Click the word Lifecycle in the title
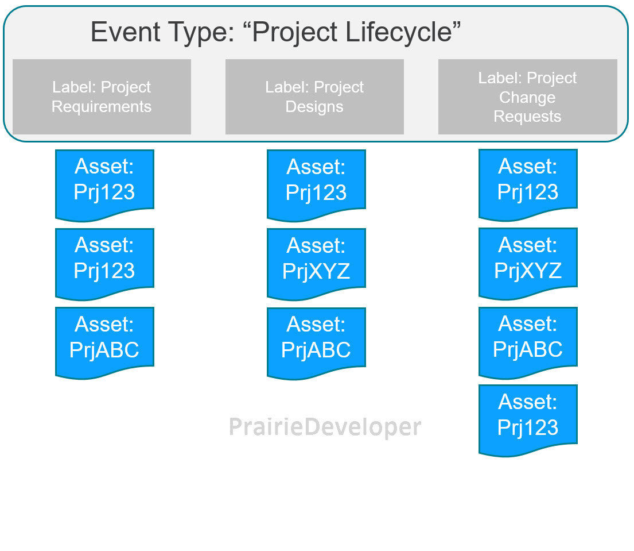[x=399, y=33]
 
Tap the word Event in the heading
[x=126, y=32]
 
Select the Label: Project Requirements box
[x=102, y=97]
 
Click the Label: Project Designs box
[x=314, y=97]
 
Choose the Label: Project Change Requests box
[x=528, y=97]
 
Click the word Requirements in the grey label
[x=102, y=107]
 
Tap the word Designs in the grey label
[x=314, y=107]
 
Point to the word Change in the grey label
[x=527, y=98]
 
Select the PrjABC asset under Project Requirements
[x=105, y=342]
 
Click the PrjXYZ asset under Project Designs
[x=316, y=264]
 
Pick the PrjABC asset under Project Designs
[x=316, y=343]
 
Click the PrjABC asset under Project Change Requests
[x=528, y=342]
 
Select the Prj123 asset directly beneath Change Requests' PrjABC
[x=528, y=421]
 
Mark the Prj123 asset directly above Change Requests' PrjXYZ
[x=528, y=185]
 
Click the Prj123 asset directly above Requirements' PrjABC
[x=105, y=264]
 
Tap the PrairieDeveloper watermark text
[x=325, y=427]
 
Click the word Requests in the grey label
[x=527, y=117]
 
